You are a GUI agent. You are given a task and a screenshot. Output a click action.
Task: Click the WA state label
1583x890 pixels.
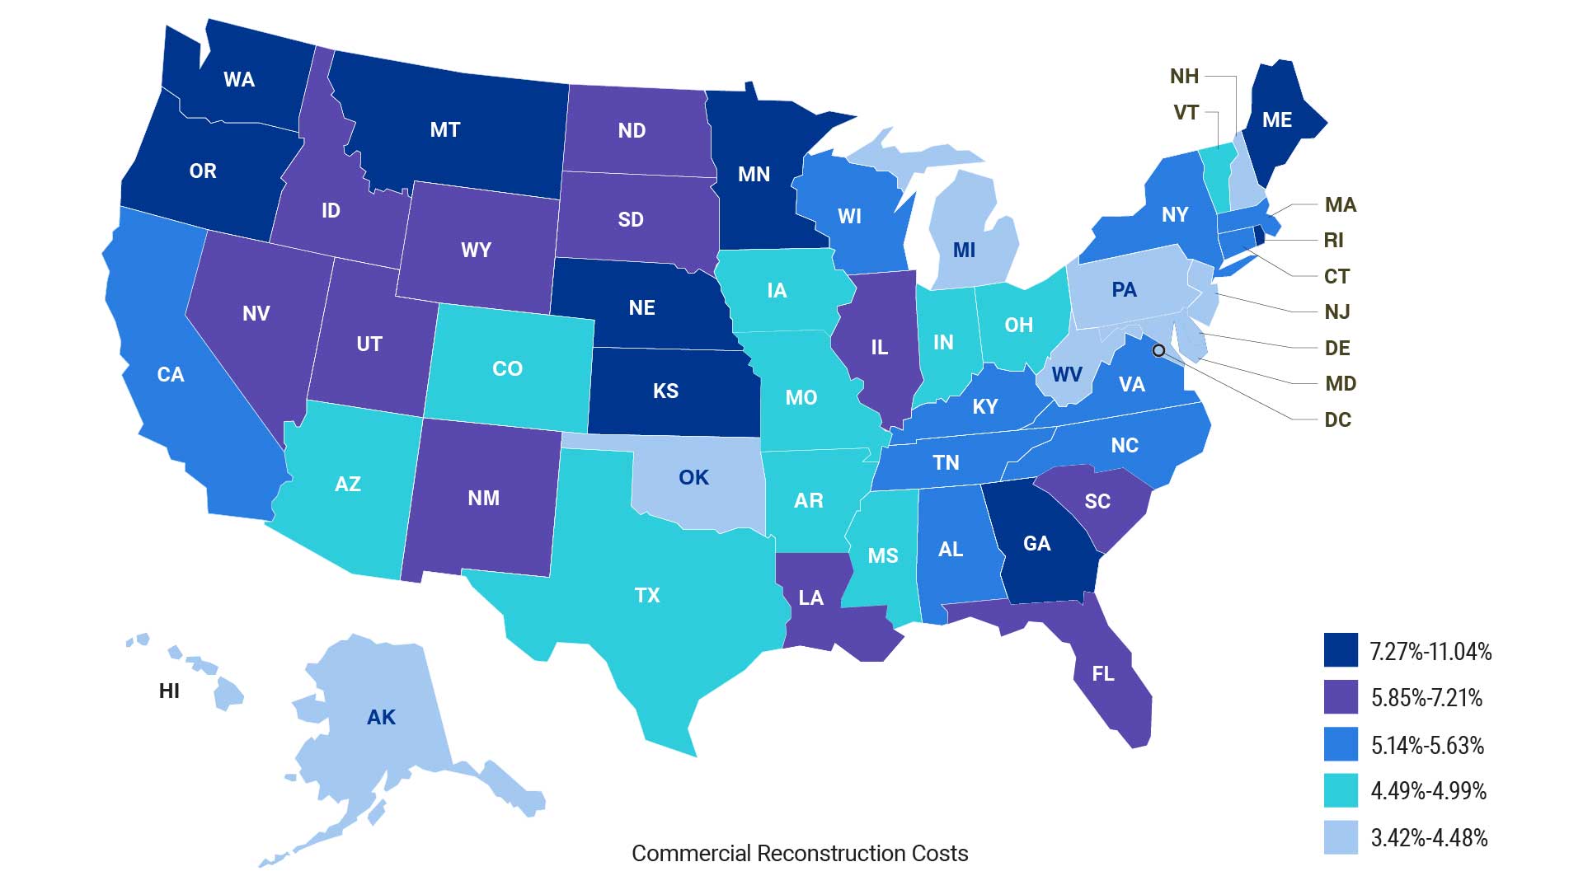(x=239, y=80)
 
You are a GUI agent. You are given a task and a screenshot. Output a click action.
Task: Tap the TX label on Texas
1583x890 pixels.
(x=647, y=595)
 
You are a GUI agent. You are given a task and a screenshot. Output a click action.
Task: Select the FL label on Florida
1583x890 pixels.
(x=1103, y=674)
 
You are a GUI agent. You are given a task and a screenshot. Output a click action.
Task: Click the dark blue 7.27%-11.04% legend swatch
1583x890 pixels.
(x=1341, y=650)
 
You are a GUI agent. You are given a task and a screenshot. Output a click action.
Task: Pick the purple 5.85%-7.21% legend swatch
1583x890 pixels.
(x=1341, y=697)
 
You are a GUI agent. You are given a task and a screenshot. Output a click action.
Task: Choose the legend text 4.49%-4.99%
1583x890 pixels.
(x=1428, y=791)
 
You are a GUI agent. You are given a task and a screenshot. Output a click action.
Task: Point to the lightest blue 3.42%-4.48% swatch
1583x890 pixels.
(x=1341, y=837)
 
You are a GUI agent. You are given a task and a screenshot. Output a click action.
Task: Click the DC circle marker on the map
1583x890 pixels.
(x=1158, y=350)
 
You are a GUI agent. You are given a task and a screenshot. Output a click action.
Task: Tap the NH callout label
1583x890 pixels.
(x=1184, y=77)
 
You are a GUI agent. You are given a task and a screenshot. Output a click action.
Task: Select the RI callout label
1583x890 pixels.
(x=1333, y=241)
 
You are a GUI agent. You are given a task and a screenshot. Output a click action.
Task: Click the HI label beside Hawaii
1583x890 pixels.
(x=169, y=691)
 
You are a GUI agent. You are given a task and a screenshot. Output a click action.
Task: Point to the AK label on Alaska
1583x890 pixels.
(x=381, y=718)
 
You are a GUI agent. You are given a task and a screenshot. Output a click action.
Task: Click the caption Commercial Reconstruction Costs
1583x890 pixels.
(x=800, y=854)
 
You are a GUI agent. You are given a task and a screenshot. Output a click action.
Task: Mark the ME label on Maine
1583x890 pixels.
(x=1277, y=120)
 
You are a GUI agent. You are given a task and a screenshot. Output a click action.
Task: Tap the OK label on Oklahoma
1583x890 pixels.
(x=693, y=478)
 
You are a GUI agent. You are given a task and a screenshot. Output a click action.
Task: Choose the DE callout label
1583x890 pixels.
(x=1336, y=348)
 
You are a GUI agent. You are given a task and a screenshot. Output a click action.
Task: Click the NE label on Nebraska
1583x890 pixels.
(x=641, y=308)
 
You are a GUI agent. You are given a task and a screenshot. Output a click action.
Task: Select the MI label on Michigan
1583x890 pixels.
(x=964, y=250)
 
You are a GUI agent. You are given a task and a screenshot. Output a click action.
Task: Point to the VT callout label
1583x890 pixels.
(x=1186, y=113)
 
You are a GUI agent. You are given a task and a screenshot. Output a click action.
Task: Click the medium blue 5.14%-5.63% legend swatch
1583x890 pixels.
(x=1341, y=744)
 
